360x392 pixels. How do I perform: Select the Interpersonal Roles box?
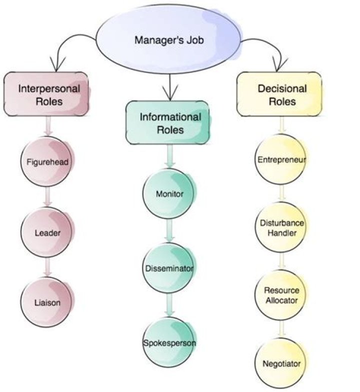click(46, 94)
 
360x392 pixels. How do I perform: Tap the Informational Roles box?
click(170, 123)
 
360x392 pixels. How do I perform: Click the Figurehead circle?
click(47, 162)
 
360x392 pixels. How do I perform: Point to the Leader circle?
click(47, 232)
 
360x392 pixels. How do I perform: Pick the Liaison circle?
click(47, 302)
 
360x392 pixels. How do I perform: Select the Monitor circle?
click(169, 193)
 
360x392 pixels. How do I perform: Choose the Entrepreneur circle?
click(281, 160)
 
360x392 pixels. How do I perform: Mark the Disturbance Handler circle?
click(281, 228)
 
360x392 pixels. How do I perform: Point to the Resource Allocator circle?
click(281, 295)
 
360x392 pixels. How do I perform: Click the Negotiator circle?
click(281, 363)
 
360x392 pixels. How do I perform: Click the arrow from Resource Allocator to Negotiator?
click(282, 329)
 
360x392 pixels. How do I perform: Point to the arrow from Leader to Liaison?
click(47, 266)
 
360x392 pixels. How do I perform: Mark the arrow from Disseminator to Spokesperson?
click(170, 304)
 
